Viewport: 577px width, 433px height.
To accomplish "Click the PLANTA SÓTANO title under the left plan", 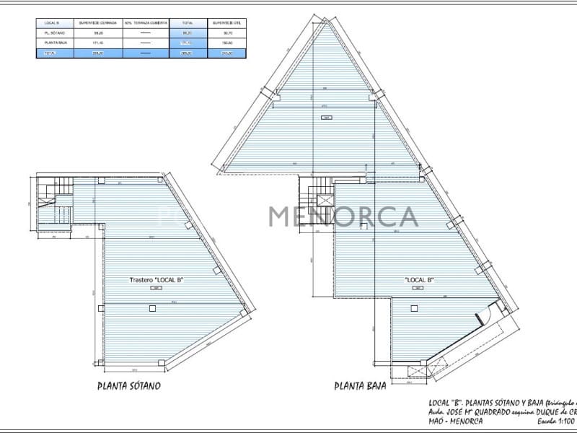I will click(128, 385).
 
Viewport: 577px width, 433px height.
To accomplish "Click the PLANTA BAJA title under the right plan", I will click(360, 386).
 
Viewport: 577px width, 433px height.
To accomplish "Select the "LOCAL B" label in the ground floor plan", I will click(418, 279).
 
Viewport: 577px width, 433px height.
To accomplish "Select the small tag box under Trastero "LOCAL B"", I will click(154, 288).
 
